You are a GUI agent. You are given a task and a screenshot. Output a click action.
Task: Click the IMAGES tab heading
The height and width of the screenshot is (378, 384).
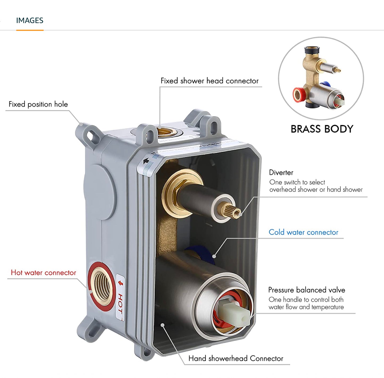(x=29, y=21)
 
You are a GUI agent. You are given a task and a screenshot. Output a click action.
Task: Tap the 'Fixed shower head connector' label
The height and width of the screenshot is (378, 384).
(x=209, y=81)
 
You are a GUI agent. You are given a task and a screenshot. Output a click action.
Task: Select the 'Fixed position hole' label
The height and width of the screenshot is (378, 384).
(x=38, y=104)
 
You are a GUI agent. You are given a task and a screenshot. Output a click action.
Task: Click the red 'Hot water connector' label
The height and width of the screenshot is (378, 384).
(x=43, y=273)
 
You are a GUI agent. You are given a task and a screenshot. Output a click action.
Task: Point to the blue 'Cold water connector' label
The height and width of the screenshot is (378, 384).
(x=303, y=232)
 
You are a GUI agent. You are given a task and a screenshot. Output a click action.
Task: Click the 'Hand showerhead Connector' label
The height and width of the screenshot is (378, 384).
(x=236, y=359)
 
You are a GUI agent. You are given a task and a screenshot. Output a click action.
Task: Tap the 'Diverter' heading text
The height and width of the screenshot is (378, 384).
(x=281, y=173)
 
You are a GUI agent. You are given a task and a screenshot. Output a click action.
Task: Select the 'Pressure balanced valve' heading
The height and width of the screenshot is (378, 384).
(x=306, y=290)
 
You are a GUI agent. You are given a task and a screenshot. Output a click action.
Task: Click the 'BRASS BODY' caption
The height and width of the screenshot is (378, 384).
(x=322, y=129)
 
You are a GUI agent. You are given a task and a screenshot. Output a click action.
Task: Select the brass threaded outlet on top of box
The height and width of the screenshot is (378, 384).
(x=165, y=132)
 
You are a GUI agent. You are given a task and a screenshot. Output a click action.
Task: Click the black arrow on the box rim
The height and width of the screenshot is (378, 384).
(x=146, y=161)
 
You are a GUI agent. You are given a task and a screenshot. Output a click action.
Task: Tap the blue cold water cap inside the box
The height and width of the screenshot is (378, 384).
(x=197, y=253)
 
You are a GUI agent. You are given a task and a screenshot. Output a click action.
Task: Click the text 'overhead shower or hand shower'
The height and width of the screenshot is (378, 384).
(x=316, y=190)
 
